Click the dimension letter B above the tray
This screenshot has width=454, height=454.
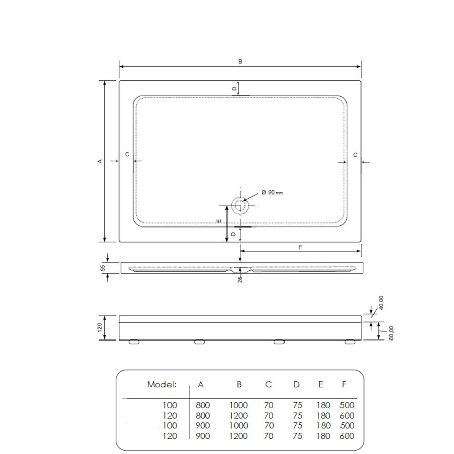point(240,61)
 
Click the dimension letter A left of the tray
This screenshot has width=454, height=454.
point(100,161)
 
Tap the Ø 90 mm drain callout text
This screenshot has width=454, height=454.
point(272,192)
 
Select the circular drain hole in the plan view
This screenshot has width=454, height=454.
point(239,205)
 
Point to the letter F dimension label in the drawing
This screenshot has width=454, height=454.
point(301,247)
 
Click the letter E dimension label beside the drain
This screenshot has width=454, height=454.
point(218,222)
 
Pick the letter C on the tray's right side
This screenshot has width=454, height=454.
point(355,155)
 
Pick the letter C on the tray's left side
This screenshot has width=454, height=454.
point(127,154)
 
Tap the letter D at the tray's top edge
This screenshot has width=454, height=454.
point(234,88)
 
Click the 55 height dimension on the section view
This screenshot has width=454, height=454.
point(102,268)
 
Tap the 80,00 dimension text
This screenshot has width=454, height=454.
point(391,333)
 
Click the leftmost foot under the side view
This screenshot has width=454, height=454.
point(134,342)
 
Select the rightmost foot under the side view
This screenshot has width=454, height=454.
point(349,342)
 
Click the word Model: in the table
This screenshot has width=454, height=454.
point(161,385)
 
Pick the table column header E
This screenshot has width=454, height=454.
point(321,385)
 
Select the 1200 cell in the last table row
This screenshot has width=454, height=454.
point(239,436)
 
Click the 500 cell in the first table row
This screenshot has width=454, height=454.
point(347,405)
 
